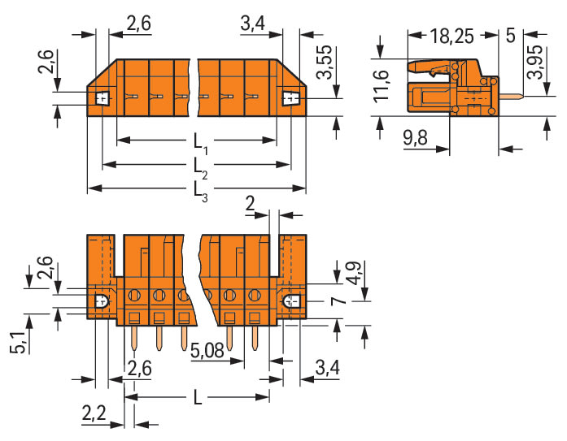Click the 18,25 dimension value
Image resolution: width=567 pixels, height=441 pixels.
[451, 36]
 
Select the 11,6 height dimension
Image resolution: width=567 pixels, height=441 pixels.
[382, 86]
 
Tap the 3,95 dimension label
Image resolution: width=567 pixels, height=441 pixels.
[534, 62]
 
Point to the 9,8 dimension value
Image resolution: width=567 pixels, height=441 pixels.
[415, 137]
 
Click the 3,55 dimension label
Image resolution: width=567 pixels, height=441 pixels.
[324, 62]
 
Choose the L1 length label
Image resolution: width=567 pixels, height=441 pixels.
[200, 143]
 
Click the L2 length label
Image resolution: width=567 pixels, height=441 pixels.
[200, 168]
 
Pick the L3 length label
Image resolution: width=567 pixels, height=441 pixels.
[200, 192]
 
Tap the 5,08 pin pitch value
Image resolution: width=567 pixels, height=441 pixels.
[207, 350]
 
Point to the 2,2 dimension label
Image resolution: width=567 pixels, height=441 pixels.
[94, 413]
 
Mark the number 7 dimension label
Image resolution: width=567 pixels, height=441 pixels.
[339, 300]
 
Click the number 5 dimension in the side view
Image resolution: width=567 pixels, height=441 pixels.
[511, 36]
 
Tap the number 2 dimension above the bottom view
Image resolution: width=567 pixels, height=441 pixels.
[250, 204]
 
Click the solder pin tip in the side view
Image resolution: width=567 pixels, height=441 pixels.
[521, 96]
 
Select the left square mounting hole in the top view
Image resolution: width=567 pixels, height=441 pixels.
[102, 98]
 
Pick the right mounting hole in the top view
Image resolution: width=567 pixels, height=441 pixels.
[290, 98]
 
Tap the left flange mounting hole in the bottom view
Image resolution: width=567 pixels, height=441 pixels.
[102, 301]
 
